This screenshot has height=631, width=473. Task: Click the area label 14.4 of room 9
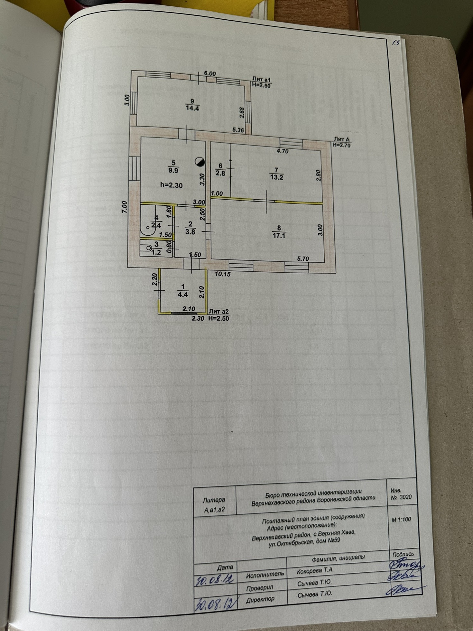[x=192, y=108]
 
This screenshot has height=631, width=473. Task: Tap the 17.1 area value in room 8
[x=279, y=235]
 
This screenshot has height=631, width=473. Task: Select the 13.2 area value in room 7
[x=277, y=177]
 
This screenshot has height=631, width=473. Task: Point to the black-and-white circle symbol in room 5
[x=200, y=162]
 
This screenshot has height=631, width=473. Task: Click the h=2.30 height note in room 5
[x=171, y=185]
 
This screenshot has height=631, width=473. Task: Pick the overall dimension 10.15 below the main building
[x=223, y=274]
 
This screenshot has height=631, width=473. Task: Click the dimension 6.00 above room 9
[x=210, y=74]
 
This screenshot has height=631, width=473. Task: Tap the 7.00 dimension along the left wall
[x=125, y=206]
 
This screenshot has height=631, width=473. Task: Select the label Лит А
[x=341, y=139]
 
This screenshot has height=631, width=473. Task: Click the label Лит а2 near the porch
[x=219, y=311]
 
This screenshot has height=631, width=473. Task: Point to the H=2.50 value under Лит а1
[x=261, y=85]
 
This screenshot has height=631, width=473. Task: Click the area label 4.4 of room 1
[x=183, y=294]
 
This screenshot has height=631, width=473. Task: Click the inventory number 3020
[x=405, y=497]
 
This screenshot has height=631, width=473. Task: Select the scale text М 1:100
[x=401, y=519]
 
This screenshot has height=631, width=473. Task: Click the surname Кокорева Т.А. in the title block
[x=315, y=570]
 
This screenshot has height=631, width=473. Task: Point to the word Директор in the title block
[x=260, y=599]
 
